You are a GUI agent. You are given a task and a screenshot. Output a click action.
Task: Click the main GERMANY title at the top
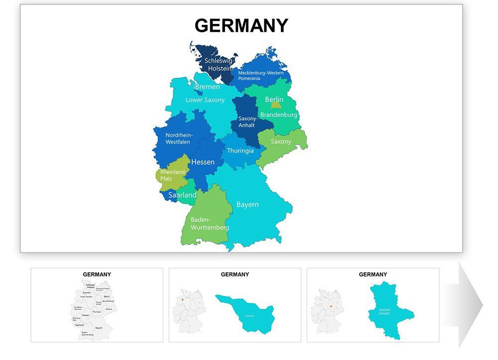pyautogui.click(x=241, y=25)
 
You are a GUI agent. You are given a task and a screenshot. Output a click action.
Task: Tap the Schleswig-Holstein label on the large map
pyautogui.click(x=219, y=64)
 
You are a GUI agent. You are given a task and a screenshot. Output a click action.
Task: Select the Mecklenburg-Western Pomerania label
pyautogui.click(x=260, y=75)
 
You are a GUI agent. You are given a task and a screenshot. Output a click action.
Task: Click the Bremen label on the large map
pyautogui.click(x=207, y=87)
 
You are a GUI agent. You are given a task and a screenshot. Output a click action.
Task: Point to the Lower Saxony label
pyautogui.click(x=205, y=100)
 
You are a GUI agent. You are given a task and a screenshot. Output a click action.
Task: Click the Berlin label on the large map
pyautogui.click(x=274, y=100)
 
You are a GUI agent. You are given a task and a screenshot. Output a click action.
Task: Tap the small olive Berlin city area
pyautogui.click(x=276, y=106)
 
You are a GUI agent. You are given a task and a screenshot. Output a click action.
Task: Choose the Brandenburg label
pyautogui.click(x=278, y=115)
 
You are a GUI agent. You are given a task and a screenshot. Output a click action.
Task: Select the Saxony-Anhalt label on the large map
pyautogui.click(x=248, y=122)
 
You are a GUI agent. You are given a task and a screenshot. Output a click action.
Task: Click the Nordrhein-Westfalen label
pyautogui.click(x=179, y=138)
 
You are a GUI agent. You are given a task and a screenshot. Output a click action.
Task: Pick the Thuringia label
pyautogui.click(x=240, y=151)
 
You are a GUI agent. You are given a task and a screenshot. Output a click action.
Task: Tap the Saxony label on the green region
pyautogui.click(x=281, y=141)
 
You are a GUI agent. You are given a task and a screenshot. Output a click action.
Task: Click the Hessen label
pyautogui.click(x=203, y=162)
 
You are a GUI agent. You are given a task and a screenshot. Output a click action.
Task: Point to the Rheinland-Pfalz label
pyautogui.click(x=173, y=175)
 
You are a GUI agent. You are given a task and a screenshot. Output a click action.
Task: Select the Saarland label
pyautogui.click(x=182, y=195)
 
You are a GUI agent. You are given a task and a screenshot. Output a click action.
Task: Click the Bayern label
pyautogui.click(x=247, y=205)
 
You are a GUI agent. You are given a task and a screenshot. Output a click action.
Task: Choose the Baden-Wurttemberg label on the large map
pyautogui.click(x=210, y=224)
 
